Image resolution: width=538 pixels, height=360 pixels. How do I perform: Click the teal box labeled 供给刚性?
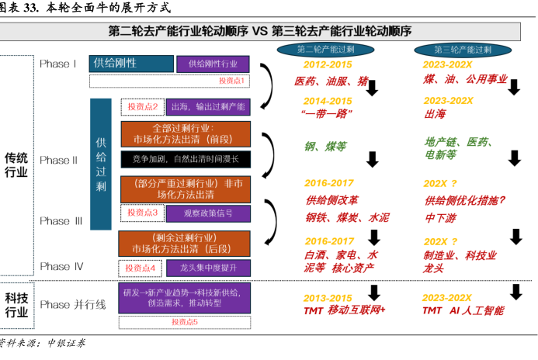tap(131, 64)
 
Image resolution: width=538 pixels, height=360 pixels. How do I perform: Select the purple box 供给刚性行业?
tap(213, 64)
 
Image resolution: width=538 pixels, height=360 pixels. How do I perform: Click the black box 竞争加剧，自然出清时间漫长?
tap(186, 159)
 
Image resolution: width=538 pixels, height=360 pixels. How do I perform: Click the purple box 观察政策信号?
tap(209, 213)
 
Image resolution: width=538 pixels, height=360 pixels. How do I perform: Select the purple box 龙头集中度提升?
tap(208, 268)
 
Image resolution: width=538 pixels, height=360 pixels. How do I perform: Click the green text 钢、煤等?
tap(325, 145)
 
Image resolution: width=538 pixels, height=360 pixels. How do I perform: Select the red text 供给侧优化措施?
tap(465, 200)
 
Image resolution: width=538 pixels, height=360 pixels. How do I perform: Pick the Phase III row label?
tap(61, 220)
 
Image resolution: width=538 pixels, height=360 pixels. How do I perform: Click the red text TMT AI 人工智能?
tap(463, 310)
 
